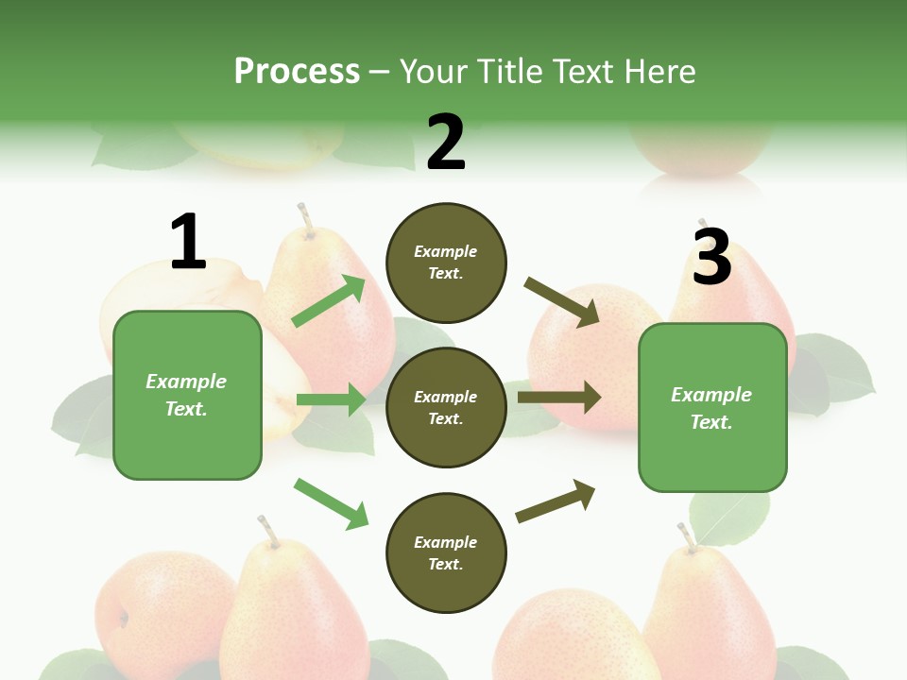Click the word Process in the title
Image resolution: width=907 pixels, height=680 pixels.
(297, 72)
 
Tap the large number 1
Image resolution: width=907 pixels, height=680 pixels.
(188, 243)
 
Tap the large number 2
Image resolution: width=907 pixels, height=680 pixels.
(446, 143)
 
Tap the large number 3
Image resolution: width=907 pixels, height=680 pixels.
(711, 255)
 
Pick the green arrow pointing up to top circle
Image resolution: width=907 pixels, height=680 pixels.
(328, 301)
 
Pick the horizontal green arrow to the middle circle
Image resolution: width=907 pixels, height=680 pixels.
(331, 399)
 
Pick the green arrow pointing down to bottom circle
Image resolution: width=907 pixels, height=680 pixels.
(331, 503)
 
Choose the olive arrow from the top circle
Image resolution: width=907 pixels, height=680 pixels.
(561, 302)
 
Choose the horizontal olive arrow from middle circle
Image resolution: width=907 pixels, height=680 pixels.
(558, 397)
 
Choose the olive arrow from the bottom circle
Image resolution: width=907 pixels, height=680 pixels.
(556, 501)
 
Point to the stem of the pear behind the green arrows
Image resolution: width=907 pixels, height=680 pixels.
(304, 218)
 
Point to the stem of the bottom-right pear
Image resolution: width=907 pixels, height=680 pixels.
(687, 537)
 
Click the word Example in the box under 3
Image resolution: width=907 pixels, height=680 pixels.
(711, 395)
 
